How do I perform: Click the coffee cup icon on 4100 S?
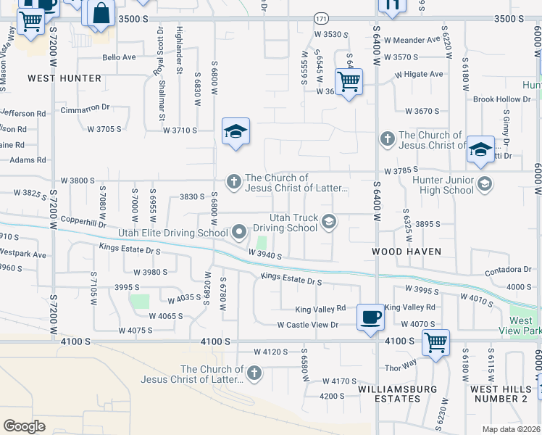pos(370,317)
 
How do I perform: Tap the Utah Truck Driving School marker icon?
pos(329,222)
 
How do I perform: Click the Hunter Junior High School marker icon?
pos(485,184)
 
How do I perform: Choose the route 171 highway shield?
pos(321,17)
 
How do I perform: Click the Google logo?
pos(24,426)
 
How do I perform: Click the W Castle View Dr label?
pos(307,325)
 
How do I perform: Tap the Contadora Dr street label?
pos(507,270)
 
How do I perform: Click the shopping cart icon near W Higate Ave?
pos(349,82)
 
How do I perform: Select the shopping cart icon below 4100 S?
pos(435,342)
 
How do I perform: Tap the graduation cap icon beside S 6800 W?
pos(235,132)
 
